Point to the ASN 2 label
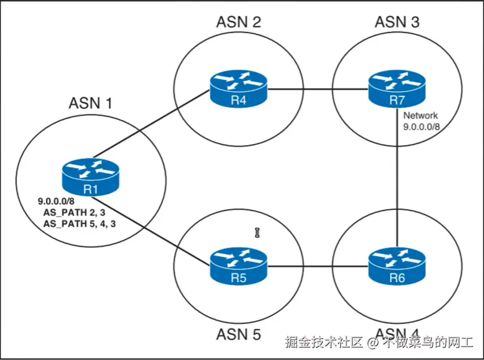pyautogui.click(x=238, y=22)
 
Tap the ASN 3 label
pyautogui.click(x=398, y=22)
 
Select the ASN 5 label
pyautogui.click(x=238, y=334)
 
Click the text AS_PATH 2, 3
pyautogui.click(x=75, y=212)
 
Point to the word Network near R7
pyautogui.click(x=421, y=116)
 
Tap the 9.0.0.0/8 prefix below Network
pyautogui.click(x=421, y=127)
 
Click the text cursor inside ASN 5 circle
pyautogui.click(x=257, y=232)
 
